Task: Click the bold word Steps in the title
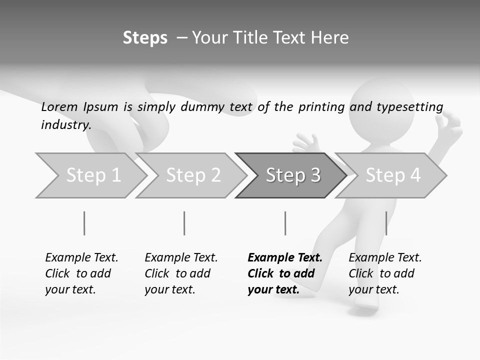point(145,38)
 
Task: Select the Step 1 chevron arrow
point(90,175)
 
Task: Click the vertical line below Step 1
point(84,223)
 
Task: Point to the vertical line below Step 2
point(184,223)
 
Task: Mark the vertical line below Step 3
point(285,223)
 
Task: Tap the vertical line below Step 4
point(386,223)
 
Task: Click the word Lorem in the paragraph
point(59,106)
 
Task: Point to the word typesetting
point(410,107)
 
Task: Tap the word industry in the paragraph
point(65,124)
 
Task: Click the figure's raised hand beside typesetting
point(452,125)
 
